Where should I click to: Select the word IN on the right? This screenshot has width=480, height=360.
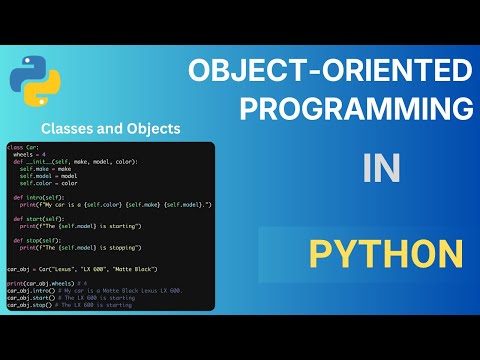click(381, 169)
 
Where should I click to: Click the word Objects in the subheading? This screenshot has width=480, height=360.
click(152, 128)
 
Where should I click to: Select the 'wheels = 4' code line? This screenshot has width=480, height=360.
click(31, 155)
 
